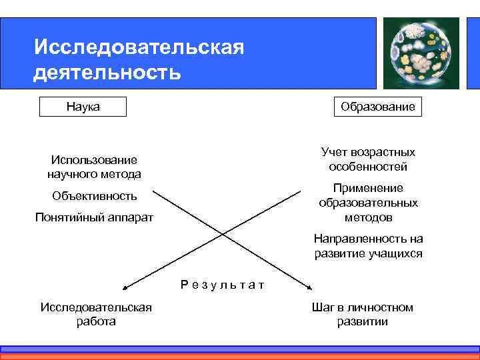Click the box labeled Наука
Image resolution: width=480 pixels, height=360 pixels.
pos(83,107)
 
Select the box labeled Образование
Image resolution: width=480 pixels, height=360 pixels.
pos(377,107)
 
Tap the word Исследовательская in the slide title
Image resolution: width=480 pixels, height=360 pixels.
pos(139,47)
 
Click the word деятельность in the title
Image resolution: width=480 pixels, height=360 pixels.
pos(107,71)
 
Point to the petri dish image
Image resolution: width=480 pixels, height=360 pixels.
pos(419,52)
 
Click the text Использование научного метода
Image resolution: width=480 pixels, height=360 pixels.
pos(94,167)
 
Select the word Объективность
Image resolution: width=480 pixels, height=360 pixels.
pos(94,196)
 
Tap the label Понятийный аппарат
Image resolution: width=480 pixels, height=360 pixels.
pos(94,218)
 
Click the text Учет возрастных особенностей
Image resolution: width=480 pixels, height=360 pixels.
pos(368,159)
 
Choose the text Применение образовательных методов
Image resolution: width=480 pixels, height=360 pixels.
pos(368,203)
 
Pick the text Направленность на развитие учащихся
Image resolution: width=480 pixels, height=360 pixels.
pos(368,246)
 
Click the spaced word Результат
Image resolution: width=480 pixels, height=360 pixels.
pos(222,285)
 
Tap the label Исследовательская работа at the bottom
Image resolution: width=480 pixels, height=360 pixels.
pos(96,314)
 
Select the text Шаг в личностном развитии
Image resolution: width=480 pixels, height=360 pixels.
pos(362,314)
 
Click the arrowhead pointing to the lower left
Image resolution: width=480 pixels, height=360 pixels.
pos(125,287)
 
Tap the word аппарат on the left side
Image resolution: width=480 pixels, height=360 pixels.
pos(131,218)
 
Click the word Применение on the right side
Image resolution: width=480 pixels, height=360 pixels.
pos(368,189)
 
